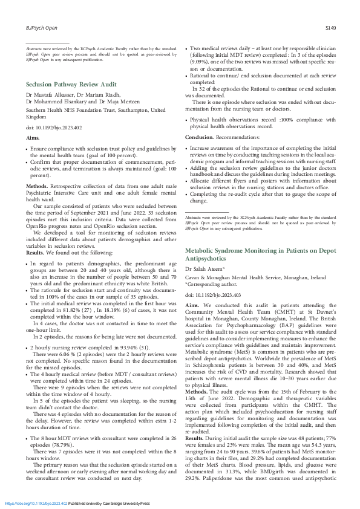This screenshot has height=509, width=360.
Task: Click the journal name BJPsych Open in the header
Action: pos(41,28)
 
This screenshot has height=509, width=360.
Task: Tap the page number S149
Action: pos(330,28)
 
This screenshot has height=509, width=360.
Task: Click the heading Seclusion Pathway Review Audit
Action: pos(71,84)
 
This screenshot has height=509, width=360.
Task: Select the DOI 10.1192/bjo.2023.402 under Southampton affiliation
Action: pos(54,128)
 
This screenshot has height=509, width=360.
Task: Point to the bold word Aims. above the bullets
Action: pos(33,138)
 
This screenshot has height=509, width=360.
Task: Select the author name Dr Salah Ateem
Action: pos(205,268)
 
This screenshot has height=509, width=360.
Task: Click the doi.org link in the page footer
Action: pos(36,503)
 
